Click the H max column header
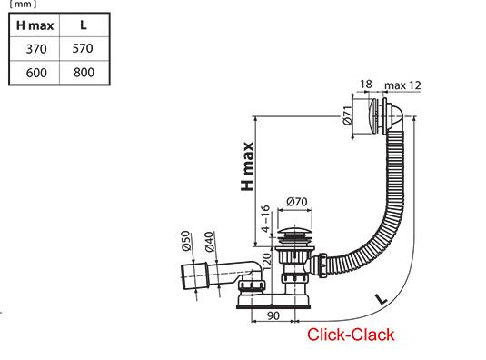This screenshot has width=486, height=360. click(35, 25)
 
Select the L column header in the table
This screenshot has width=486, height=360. click(83, 25)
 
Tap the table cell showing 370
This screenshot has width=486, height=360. click(36, 49)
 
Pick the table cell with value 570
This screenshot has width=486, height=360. click(83, 48)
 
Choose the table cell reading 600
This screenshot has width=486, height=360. click(36, 73)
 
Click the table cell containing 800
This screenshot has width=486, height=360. click(84, 73)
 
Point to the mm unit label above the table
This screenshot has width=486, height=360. click(23, 5)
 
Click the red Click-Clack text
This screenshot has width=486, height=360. click(351, 335)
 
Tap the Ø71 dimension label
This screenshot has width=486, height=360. click(348, 115)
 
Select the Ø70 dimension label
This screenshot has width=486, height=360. click(297, 202)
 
